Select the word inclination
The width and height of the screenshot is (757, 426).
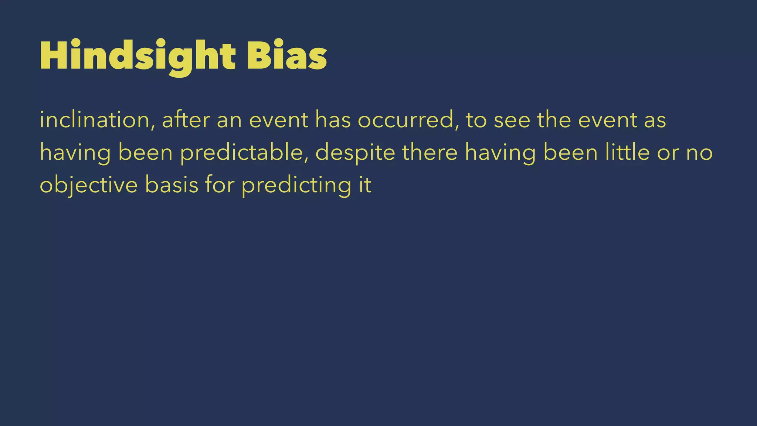[x=94, y=120]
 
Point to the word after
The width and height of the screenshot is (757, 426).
[x=186, y=120]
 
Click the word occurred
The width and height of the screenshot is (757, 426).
[x=404, y=120]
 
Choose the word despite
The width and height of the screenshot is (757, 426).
[x=355, y=153]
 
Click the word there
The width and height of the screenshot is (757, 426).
[x=430, y=152]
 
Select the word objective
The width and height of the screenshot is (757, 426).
[x=88, y=185]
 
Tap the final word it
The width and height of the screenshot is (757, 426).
[x=365, y=185]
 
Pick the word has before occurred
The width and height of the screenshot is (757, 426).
[x=333, y=120]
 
